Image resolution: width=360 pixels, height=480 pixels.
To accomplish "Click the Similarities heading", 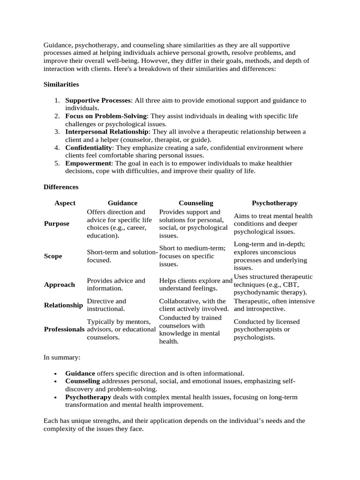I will [x=61, y=84].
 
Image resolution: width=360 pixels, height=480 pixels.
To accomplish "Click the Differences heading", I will [x=61, y=187].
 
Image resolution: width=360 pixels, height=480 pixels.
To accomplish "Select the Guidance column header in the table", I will [x=122, y=203].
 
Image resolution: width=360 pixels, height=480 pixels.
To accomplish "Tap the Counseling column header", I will [x=195, y=203].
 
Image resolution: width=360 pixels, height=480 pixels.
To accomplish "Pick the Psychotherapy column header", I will [x=274, y=203].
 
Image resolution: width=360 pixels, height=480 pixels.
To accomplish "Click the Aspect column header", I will [x=65, y=203].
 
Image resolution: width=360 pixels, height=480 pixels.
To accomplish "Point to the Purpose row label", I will [x=56, y=224].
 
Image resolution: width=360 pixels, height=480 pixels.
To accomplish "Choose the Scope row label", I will [x=53, y=256].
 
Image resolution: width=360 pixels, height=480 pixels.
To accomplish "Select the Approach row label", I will [x=59, y=285].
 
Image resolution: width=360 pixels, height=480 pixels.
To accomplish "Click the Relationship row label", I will [x=63, y=305].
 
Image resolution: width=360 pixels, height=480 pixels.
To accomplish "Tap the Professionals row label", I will [x=64, y=329].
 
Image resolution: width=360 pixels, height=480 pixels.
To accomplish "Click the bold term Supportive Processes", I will [x=98, y=100].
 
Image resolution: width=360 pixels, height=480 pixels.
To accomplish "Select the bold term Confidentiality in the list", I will [x=89, y=148].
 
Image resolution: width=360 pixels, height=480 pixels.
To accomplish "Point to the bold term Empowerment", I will [x=88, y=163].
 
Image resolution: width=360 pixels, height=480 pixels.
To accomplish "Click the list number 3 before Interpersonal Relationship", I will [x=56, y=132].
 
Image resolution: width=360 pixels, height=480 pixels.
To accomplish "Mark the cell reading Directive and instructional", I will [x=106, y=305].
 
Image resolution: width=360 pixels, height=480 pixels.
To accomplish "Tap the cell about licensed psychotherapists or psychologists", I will [x=266, y=329].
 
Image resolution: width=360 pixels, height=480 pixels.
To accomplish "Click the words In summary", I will [x=62, y=357].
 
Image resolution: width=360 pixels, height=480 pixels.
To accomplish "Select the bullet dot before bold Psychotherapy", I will [x=56, y=397].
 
